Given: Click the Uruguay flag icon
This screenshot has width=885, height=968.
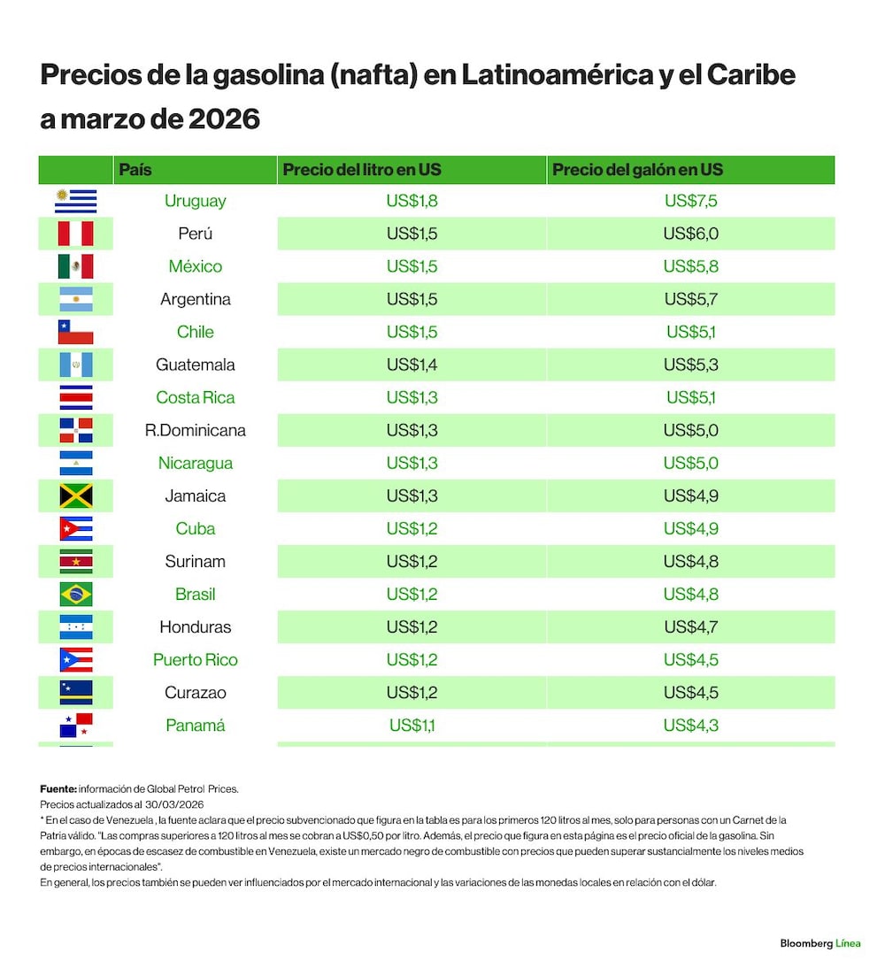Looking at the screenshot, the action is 75,201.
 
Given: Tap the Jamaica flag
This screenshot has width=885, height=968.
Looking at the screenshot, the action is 76,496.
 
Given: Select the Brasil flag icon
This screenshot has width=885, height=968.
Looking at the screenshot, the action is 76,595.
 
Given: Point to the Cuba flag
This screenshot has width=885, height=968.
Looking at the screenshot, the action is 76,529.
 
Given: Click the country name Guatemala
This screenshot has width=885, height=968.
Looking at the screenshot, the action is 196,365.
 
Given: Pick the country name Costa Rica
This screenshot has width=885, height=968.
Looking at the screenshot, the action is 196,397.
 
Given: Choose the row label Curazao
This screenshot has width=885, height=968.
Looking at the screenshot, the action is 196,693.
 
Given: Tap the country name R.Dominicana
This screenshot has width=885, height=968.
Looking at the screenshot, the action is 196,430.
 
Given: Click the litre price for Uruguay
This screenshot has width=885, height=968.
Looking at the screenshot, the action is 412,201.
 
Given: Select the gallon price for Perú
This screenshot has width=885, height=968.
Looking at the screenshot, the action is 690,234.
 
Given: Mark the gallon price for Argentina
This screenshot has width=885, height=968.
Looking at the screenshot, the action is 690,299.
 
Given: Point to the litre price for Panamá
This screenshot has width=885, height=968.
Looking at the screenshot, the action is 412,726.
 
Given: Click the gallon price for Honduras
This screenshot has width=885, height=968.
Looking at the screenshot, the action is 690,627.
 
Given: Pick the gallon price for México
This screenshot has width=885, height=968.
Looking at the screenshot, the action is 690,266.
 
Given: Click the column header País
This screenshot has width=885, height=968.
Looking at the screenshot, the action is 135,170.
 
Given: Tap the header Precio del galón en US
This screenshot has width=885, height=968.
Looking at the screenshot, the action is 637,170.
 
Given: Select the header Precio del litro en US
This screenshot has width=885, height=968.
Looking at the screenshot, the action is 362,170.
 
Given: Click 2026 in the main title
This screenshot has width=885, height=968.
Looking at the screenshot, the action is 224,119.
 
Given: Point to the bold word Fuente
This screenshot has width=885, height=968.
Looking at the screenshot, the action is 58,789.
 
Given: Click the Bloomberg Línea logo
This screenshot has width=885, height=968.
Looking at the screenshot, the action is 820,943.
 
